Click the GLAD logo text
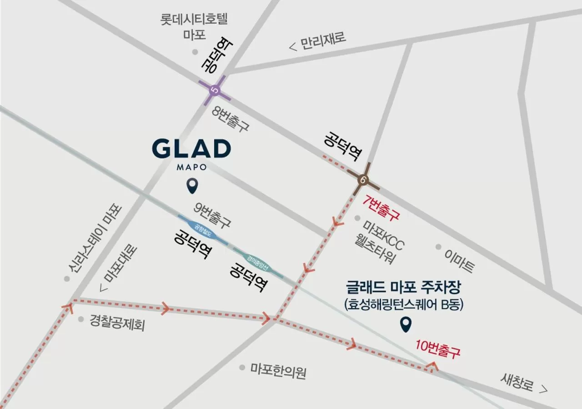(191, 150)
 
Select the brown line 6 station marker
(363, 179)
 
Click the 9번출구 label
(212, 215)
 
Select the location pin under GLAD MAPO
(192, 185)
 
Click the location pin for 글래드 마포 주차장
(405, 324)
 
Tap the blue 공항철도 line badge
(203, 229)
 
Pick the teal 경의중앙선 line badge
(258, 263)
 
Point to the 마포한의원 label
(278, 372)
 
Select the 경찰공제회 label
(117, 323)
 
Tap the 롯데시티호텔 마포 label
(194, 26)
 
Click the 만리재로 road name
(322, 41)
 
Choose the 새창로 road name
(517, 384)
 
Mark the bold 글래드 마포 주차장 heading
(404, 288)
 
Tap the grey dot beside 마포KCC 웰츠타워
(357, 218)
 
